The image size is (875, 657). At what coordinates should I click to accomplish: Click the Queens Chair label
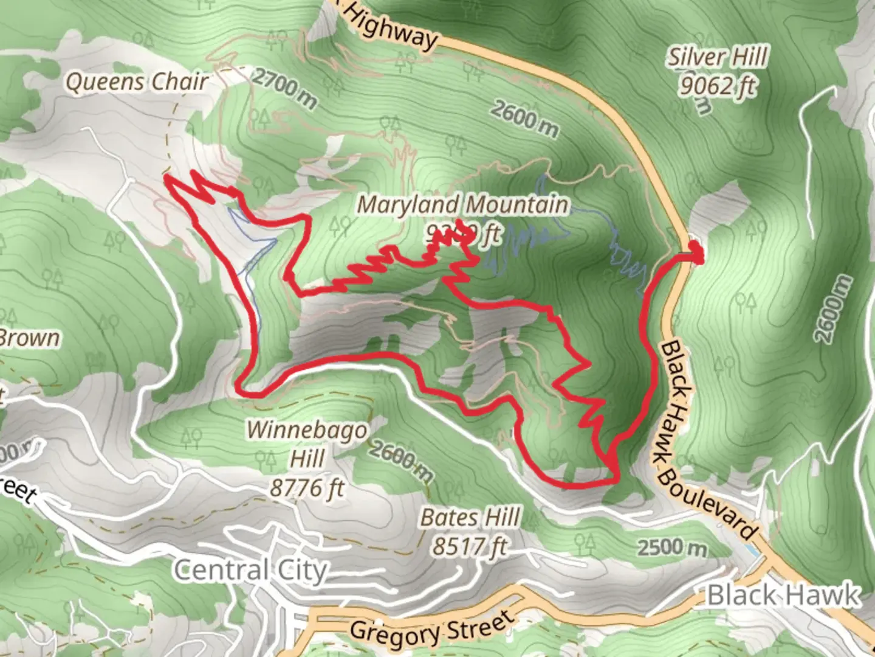click(137, 82)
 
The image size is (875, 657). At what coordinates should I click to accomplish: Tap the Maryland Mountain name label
click(463, 205)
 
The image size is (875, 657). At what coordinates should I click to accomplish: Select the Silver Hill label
click(718, 58)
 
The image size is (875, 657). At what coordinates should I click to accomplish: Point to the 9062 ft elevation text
click(718, 86)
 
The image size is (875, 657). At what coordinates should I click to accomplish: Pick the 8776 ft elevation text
click(307, 487)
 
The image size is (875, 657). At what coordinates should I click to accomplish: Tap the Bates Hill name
click(470, 518)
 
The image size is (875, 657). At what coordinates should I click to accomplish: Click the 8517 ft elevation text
click(469, 546)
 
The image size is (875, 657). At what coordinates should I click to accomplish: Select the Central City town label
click(250, 571)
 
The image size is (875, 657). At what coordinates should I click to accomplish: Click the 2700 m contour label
click(284, 88)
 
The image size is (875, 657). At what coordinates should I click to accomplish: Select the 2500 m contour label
click(672, 548)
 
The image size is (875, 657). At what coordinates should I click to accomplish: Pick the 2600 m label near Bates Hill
click(402, 461)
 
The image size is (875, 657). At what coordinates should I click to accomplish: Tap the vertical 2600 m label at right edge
click(833, 308)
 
